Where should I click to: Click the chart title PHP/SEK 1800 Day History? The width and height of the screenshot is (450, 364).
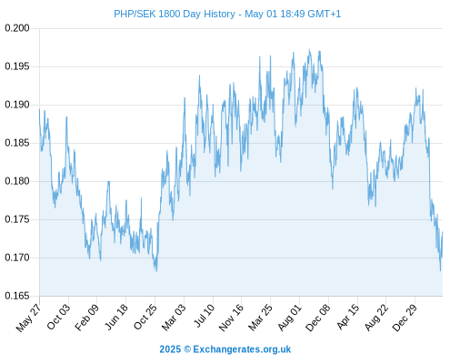175,14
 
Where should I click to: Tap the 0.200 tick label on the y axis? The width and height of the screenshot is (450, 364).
17,28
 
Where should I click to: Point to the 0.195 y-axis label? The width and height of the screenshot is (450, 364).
17,66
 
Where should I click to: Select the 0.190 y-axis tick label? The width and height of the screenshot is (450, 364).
17,105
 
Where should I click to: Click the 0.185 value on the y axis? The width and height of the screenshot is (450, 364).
17,143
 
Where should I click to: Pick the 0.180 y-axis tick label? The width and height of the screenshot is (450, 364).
17,181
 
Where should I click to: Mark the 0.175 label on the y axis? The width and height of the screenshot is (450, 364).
17,219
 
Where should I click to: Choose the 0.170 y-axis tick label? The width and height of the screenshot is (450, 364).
17,258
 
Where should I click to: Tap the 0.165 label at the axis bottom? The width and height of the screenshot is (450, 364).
17,296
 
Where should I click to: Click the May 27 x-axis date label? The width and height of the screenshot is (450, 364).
29,317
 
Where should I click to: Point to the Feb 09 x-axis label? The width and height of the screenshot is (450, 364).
87,317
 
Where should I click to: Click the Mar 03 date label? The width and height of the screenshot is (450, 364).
174,317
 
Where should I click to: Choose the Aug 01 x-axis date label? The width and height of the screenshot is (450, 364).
290,317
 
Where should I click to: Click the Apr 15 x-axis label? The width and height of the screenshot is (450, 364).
348,317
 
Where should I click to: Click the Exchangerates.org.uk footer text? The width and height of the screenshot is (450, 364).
242,349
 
